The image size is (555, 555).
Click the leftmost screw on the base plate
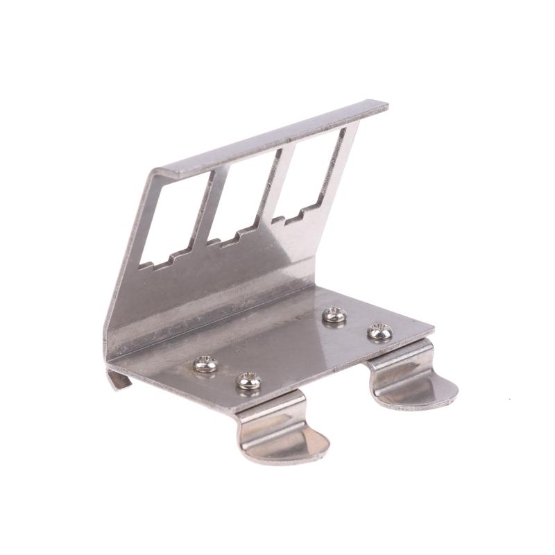(205, 364)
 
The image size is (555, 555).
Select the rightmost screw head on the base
(379, 332)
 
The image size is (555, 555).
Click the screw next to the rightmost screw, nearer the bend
(334, 316)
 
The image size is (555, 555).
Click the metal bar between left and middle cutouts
(212, 208)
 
